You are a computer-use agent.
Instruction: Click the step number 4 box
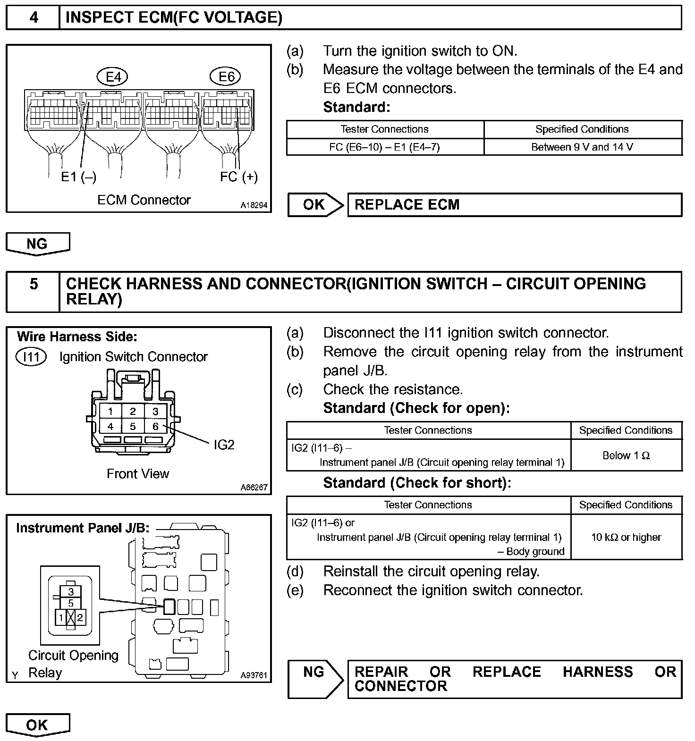click(33, 18)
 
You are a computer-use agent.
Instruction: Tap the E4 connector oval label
click(113, 76)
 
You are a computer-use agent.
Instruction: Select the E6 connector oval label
click(227, 76)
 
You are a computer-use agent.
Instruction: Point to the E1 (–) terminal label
click(78, 177)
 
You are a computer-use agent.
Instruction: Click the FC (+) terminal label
click(239, 177)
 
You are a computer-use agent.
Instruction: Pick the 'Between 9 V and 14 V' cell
click(582, 147)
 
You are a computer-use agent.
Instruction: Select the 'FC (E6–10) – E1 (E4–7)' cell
click(384, 147)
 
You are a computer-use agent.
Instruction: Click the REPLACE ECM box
click(514, 205)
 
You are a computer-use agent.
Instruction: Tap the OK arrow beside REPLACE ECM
click(315, 205)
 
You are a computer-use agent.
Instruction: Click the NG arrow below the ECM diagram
click(37, 244)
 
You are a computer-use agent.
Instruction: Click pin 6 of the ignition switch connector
click(155, 426)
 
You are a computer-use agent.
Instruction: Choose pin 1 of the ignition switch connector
click(110, 412)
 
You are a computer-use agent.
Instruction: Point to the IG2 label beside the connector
click(224, 445)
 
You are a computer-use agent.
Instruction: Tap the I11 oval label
click(31, 357)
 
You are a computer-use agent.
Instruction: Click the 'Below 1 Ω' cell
click(626, 455)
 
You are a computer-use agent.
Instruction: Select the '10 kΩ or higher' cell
click(626, 537)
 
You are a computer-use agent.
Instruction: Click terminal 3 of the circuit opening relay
click(71, 591)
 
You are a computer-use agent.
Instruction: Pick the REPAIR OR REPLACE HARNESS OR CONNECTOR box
click(514, 679)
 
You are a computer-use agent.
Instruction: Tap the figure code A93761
click(254, 675)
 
